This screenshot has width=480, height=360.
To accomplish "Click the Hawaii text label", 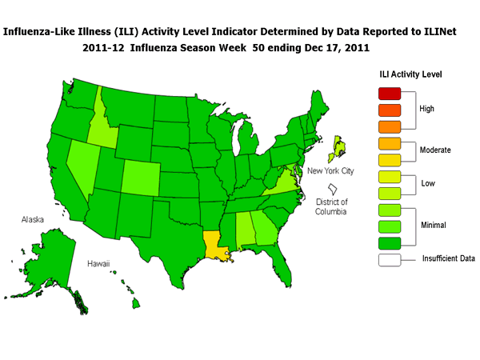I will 99,262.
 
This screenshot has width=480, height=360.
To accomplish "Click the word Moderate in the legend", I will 436,150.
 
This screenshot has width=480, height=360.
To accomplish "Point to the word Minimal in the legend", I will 434,226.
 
